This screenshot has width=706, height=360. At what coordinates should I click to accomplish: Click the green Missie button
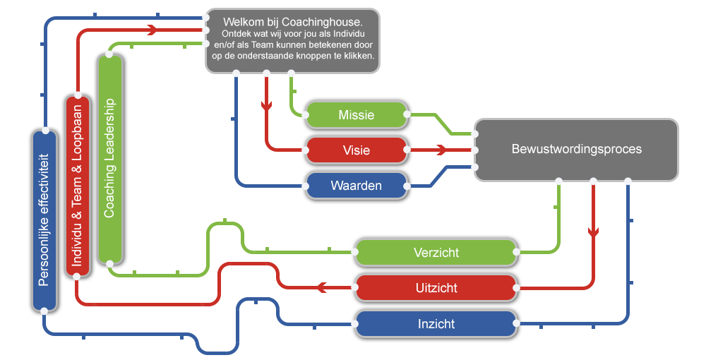(x=356, y=115)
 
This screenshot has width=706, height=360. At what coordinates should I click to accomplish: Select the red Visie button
(x=356, y=150)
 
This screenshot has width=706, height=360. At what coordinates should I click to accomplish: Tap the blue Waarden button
(x=356, y=186)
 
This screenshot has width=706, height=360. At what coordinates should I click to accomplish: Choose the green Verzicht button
(x=436, y=253)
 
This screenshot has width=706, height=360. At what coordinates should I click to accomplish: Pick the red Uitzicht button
(x=436, y=288)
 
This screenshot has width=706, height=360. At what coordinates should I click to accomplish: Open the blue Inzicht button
(x=436, y=324)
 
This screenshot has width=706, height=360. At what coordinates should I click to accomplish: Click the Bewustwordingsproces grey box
(x=576, y=150)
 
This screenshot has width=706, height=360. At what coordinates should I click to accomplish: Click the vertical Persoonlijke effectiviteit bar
(x=44, y=220)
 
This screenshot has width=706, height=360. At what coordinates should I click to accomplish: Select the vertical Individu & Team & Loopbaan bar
(x=78, y=186)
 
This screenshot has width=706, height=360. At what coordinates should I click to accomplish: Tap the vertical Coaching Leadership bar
(x=110, y=159)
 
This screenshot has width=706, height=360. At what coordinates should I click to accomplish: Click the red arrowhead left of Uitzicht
(x=321, y=287)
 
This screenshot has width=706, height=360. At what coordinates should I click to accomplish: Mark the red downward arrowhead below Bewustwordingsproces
(x=594, y=232)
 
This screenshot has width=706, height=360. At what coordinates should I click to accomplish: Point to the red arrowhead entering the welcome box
(x=152, y=30)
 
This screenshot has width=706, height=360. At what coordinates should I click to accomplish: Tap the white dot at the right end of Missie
(x=407, y=114)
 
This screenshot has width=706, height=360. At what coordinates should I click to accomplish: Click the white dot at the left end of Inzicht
(x=355, y=324)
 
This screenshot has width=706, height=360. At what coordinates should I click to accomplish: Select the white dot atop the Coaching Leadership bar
(x=109, y=54)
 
